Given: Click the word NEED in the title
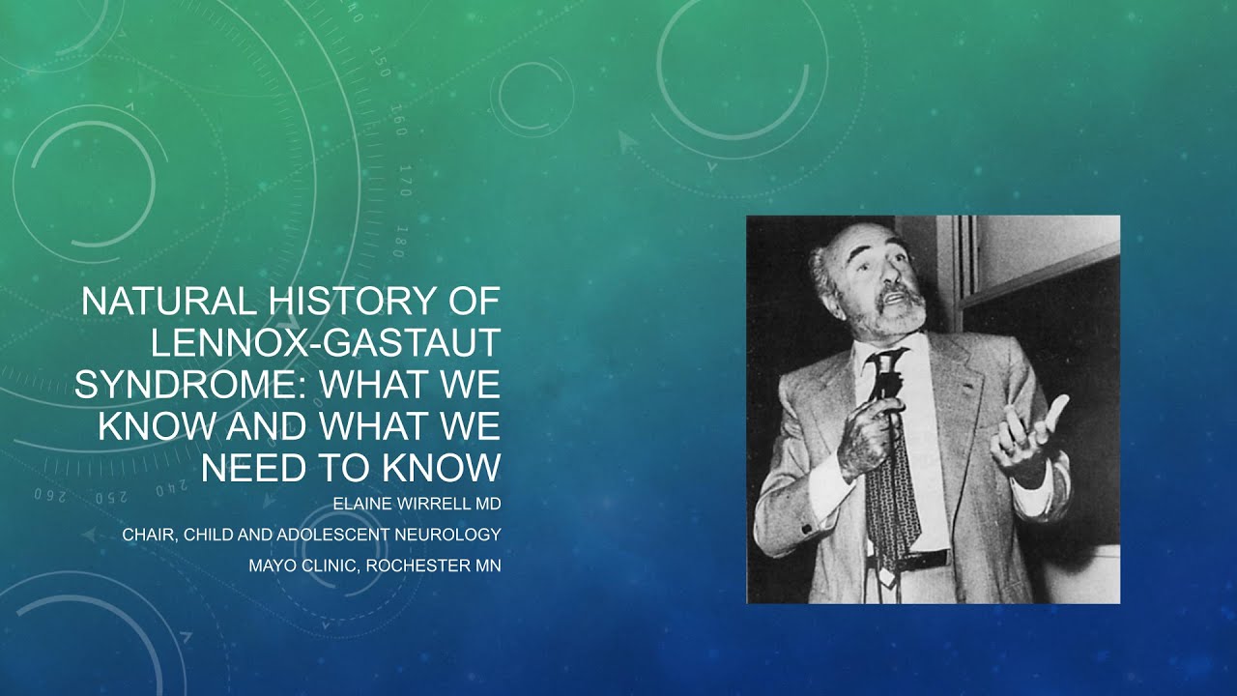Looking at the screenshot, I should click(x=247, y=467).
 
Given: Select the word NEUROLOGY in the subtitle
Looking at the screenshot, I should click(x=453, y=534).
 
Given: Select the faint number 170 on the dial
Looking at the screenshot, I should click(x=405, y=180).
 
